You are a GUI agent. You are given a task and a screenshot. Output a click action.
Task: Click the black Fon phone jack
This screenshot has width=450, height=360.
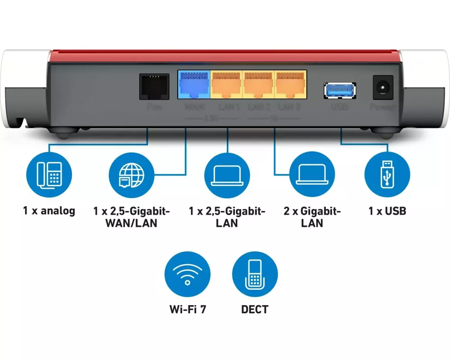[154, 86]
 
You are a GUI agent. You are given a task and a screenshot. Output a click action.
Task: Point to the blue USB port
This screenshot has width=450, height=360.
[340, 90]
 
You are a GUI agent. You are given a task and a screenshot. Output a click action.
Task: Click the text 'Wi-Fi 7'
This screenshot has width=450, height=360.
[188, 310]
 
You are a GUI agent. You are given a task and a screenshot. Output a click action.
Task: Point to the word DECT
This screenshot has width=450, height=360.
[255, 310]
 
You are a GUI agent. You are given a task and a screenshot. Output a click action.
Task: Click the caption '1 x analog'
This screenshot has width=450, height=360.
[49, 211]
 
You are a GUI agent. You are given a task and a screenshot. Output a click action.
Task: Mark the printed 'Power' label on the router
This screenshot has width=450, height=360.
[383, 107]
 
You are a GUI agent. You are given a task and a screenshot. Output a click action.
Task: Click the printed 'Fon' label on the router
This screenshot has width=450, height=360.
[154, 107]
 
